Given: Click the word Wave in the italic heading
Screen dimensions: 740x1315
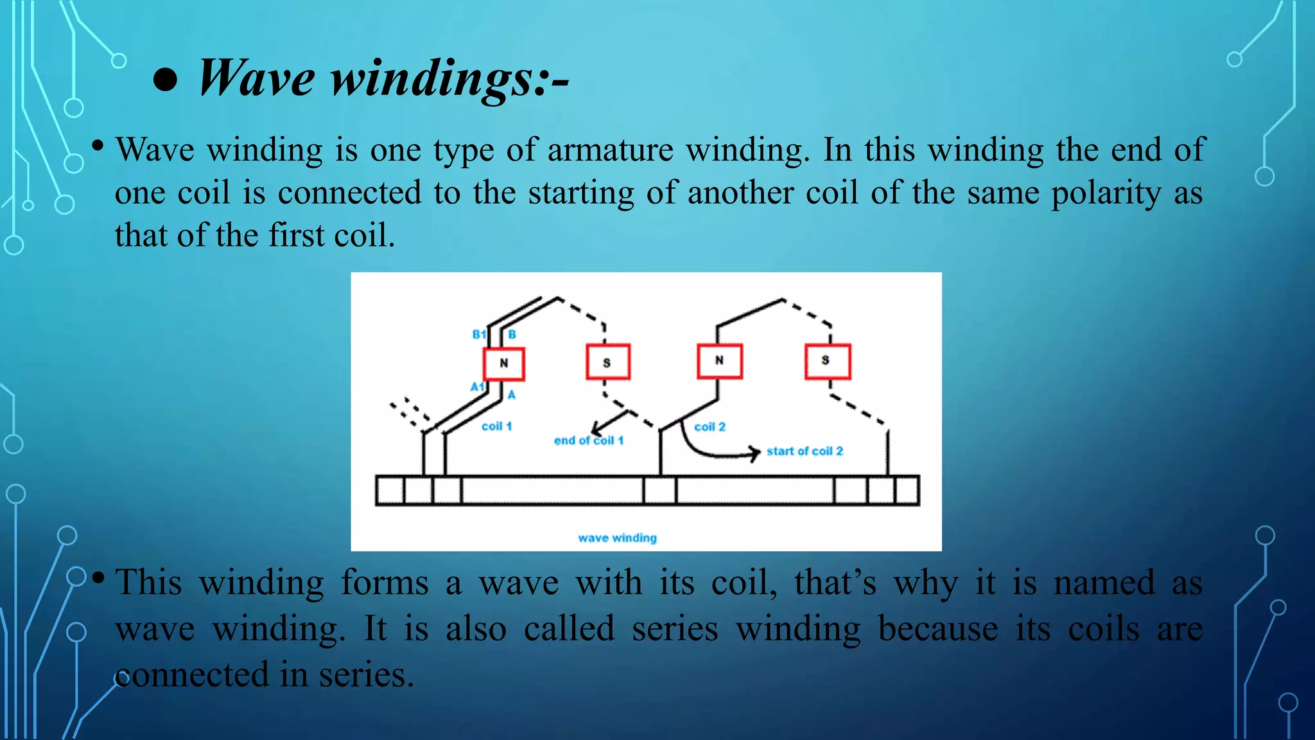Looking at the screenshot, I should (x=257, y=78).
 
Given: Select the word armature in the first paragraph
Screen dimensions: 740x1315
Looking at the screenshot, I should (x=610, y=150).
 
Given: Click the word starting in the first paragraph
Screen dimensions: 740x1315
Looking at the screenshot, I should (x=581, y=194).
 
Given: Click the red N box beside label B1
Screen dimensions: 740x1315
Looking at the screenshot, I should (x=504, y=364).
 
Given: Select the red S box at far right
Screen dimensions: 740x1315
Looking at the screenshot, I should (x=828, y=361).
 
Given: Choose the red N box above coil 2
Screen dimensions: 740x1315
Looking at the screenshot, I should (x=720, y=361).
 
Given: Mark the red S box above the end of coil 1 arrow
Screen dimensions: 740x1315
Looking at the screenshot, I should (x=607, y=362).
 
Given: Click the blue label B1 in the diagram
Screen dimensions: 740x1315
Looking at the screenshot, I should (x=479, y=335).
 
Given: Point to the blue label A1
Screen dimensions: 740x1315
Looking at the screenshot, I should (x=477, y=387).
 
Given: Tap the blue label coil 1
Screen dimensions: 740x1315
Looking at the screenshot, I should (x=496, y=427).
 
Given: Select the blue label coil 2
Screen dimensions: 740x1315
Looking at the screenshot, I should (x=710, y=427).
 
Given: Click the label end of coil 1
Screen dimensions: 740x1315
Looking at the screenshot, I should (x=588, y=441).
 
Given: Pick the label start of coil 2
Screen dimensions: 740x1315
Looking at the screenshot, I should (x=805, y=452).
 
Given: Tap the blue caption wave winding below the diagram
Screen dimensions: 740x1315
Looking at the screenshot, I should (x=617, y=538).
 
